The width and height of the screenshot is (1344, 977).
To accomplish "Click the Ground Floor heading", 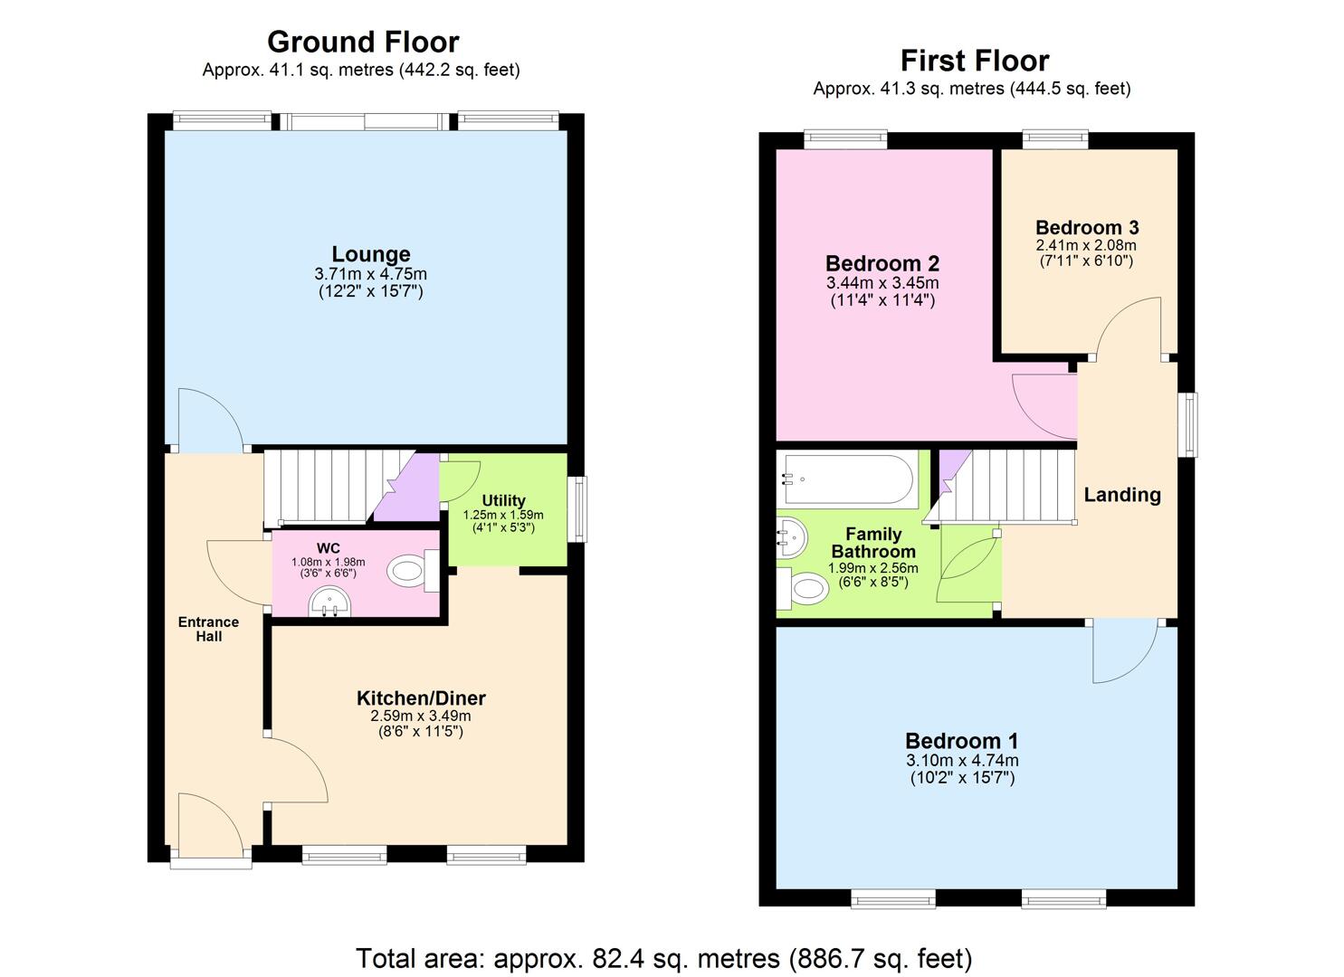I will [x=363, y=42].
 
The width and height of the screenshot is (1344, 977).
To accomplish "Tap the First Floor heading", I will [x=974, y=61].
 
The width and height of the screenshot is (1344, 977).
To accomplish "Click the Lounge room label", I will [x=370, y=254].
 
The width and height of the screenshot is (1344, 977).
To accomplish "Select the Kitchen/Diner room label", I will [x=421, y=698].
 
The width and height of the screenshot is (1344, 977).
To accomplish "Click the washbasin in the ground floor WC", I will [x=328, y=602].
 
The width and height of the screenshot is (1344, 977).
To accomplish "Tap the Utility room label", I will [x=503, y=500].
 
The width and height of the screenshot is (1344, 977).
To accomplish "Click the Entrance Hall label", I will [x=208, y=629].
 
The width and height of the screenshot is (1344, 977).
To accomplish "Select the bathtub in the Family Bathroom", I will [x=847, y=479].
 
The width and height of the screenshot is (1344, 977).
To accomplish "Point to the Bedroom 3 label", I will [x=1087, y=227].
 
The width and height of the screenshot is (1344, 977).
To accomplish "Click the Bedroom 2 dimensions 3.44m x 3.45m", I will [x=882, y=283].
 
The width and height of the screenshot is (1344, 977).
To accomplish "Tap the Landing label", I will [x=1122, y=495].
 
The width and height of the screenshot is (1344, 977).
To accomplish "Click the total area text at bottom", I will [x=663, y=958].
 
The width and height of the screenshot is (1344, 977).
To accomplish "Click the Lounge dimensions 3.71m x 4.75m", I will [x=370, y=274].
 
